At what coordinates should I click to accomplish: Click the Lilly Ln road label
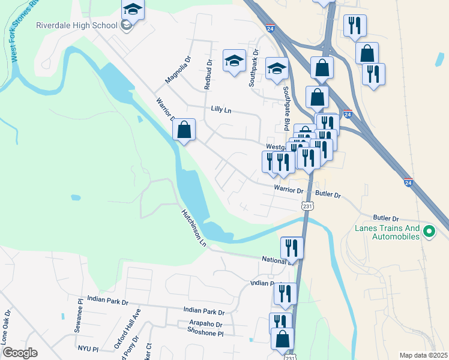[x=221, y=110]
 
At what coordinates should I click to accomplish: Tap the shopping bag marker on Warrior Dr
[x=184, y=129]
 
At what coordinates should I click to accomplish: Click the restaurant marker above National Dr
[x=292, y=247]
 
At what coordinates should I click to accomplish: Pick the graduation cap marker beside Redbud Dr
[x=234, y=61]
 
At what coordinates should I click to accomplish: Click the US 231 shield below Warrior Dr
[x=306, y=205]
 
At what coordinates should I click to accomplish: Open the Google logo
[x=19, y=352]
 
